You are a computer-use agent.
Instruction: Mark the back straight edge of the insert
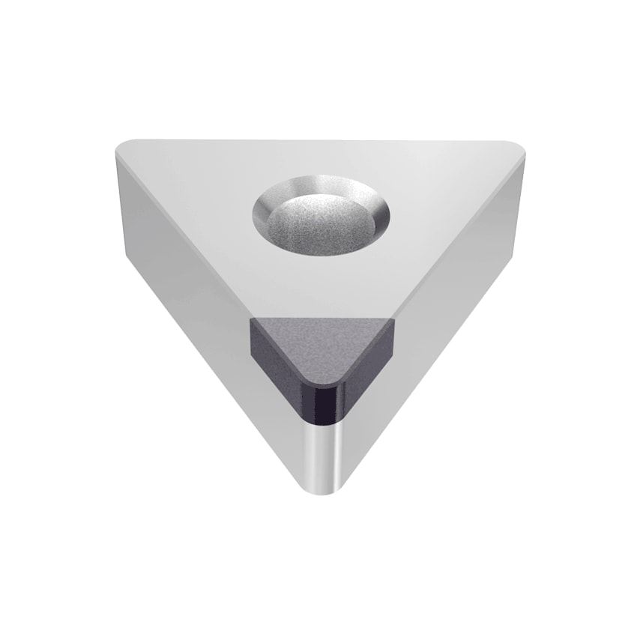click(x=322, y=140)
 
